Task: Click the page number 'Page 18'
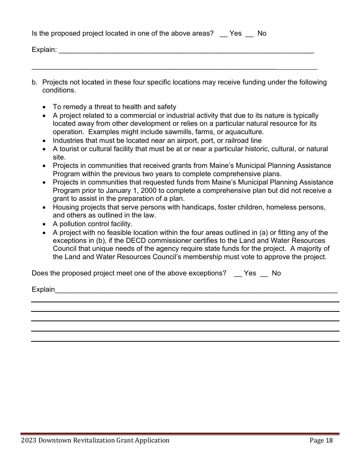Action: click(x=321, y=440)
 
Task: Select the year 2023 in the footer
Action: click(x=29, y=440)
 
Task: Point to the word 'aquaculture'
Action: click(x=245, y=132)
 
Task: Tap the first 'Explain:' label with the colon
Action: click(x=44, y=50)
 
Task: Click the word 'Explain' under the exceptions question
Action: click(x=43, y=289)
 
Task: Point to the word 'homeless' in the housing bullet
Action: click(x=286, y=207)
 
